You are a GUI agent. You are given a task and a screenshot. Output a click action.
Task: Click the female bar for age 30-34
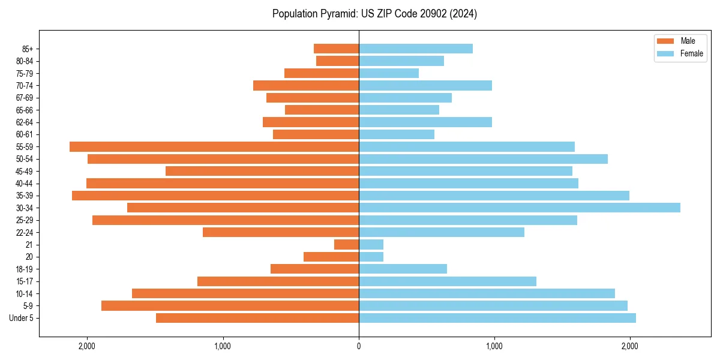pos(519,208)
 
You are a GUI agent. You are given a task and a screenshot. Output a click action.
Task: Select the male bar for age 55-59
pos(214,146)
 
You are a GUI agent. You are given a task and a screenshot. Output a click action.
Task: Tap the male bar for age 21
pos(346,244)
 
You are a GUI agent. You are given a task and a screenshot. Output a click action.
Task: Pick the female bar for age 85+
pos(415,49)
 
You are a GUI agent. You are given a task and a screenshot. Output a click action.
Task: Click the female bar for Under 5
pos(497,318)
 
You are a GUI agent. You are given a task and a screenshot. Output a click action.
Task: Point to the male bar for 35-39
pos(215,196)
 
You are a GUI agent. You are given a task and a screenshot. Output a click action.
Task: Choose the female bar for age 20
pos(371,257)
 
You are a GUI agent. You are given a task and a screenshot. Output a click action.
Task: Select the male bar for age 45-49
pos(262,171)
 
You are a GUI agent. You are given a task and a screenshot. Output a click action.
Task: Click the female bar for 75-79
pos(388,73)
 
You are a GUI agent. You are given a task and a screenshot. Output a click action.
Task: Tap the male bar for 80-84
pos(337,61)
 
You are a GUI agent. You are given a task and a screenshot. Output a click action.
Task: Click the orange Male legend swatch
pos(665,41)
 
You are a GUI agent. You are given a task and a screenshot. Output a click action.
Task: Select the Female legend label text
pos(691,53)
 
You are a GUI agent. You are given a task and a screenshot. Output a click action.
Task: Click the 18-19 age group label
pos(25,269)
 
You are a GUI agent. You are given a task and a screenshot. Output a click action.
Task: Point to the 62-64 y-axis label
pos(25,122)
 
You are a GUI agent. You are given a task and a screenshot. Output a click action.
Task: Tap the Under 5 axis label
pos(22,318)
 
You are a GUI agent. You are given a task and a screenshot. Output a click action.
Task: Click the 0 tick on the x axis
pos(359,346)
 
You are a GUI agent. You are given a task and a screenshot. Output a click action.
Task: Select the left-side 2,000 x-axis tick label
pos(87,346)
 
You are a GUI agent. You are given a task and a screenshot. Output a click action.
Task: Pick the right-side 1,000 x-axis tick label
pos(494,346)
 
